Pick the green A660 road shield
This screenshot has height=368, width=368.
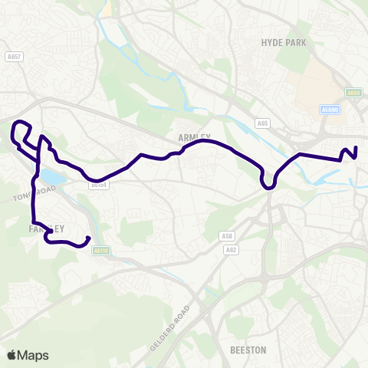coord(352,94)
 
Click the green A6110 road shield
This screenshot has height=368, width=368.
coord(100,250)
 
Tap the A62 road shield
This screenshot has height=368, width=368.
coord(231,250)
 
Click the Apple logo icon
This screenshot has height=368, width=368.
coord(11,355)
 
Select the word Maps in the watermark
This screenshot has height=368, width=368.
coord(34,355)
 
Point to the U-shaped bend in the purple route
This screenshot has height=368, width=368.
coord(268,184)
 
